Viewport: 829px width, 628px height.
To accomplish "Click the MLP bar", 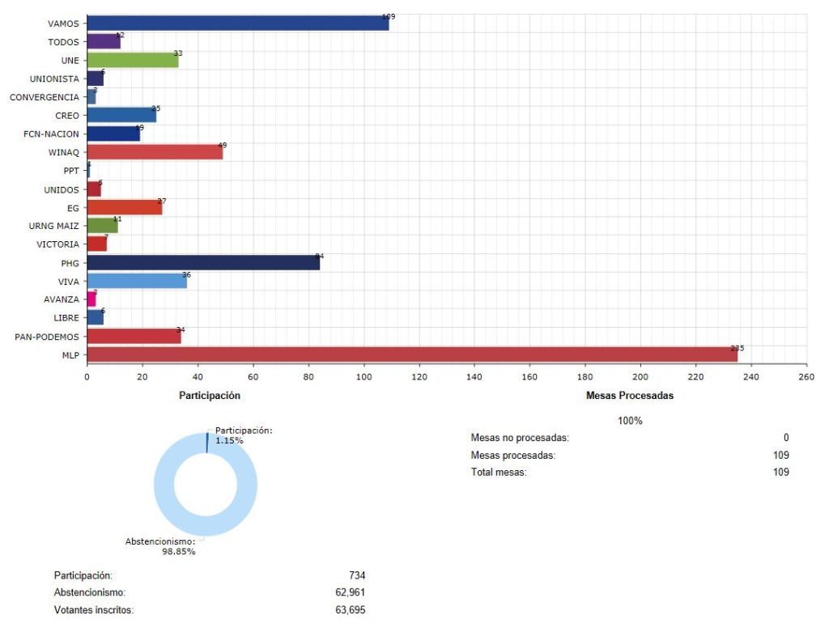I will pyautogui.click(x=411, y=354).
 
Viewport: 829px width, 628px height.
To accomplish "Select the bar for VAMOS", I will pyautogui.click(x=237, y=23).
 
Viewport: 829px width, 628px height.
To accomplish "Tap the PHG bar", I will pyautogui.click(x=202, y=262).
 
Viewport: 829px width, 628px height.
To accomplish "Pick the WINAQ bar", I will pyautogui.click(x=154, y=151).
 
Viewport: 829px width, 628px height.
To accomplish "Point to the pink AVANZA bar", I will pyautogui.click(x=91, y=299).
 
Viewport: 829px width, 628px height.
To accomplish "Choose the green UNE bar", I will pyautogui.click(x=132, y=59).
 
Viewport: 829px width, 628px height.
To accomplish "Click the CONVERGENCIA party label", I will pyautogui.click(x=44, y=97).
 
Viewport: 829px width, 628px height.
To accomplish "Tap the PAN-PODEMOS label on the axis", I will pyautogui.click(x=48, y=336).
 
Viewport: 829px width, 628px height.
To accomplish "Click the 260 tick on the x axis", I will pyautogui.click(x=806, y=376).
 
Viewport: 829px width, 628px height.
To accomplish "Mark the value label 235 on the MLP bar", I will pyautogui.click(x=737, y=348).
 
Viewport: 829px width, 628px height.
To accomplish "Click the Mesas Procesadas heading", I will pyautogui.click(x=629, y=396).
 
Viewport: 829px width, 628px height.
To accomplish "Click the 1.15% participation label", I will pyautogui.click(x=229, y=441).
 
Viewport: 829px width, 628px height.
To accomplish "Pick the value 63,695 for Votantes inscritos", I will pyautogui.click(x=350, y=610).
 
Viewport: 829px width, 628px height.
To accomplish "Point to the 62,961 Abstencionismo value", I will pyautogui.click(x=350, y=592).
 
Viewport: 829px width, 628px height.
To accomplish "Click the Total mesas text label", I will pyautogui.click(x=499, y=472).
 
